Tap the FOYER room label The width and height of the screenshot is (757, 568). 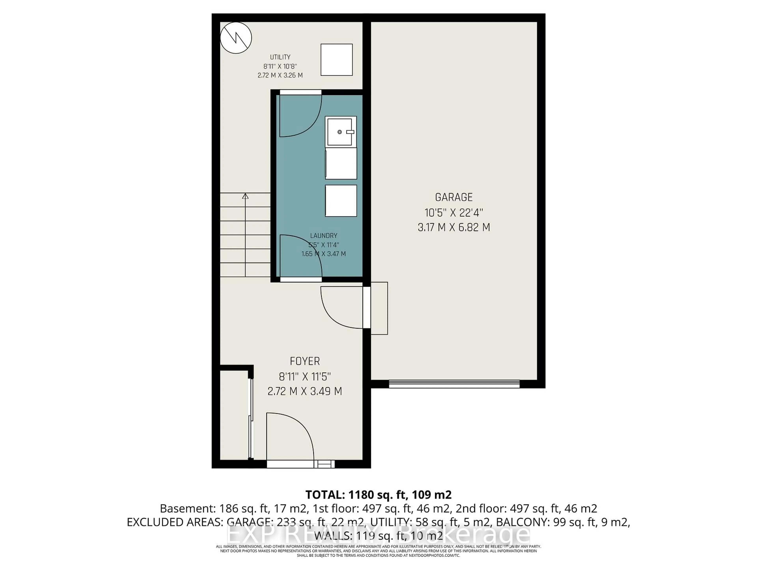tap(305, 361)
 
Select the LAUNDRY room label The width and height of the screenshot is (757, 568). tap(323, 235)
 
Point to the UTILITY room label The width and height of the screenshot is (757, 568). tap(280, 57)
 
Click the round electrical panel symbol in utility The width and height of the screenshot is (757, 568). tap(236, 38)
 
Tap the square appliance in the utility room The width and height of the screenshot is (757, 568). tap(336, 60)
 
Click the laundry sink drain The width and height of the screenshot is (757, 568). tap(339, 132)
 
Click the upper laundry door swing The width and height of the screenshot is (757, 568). tap(299, 115)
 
